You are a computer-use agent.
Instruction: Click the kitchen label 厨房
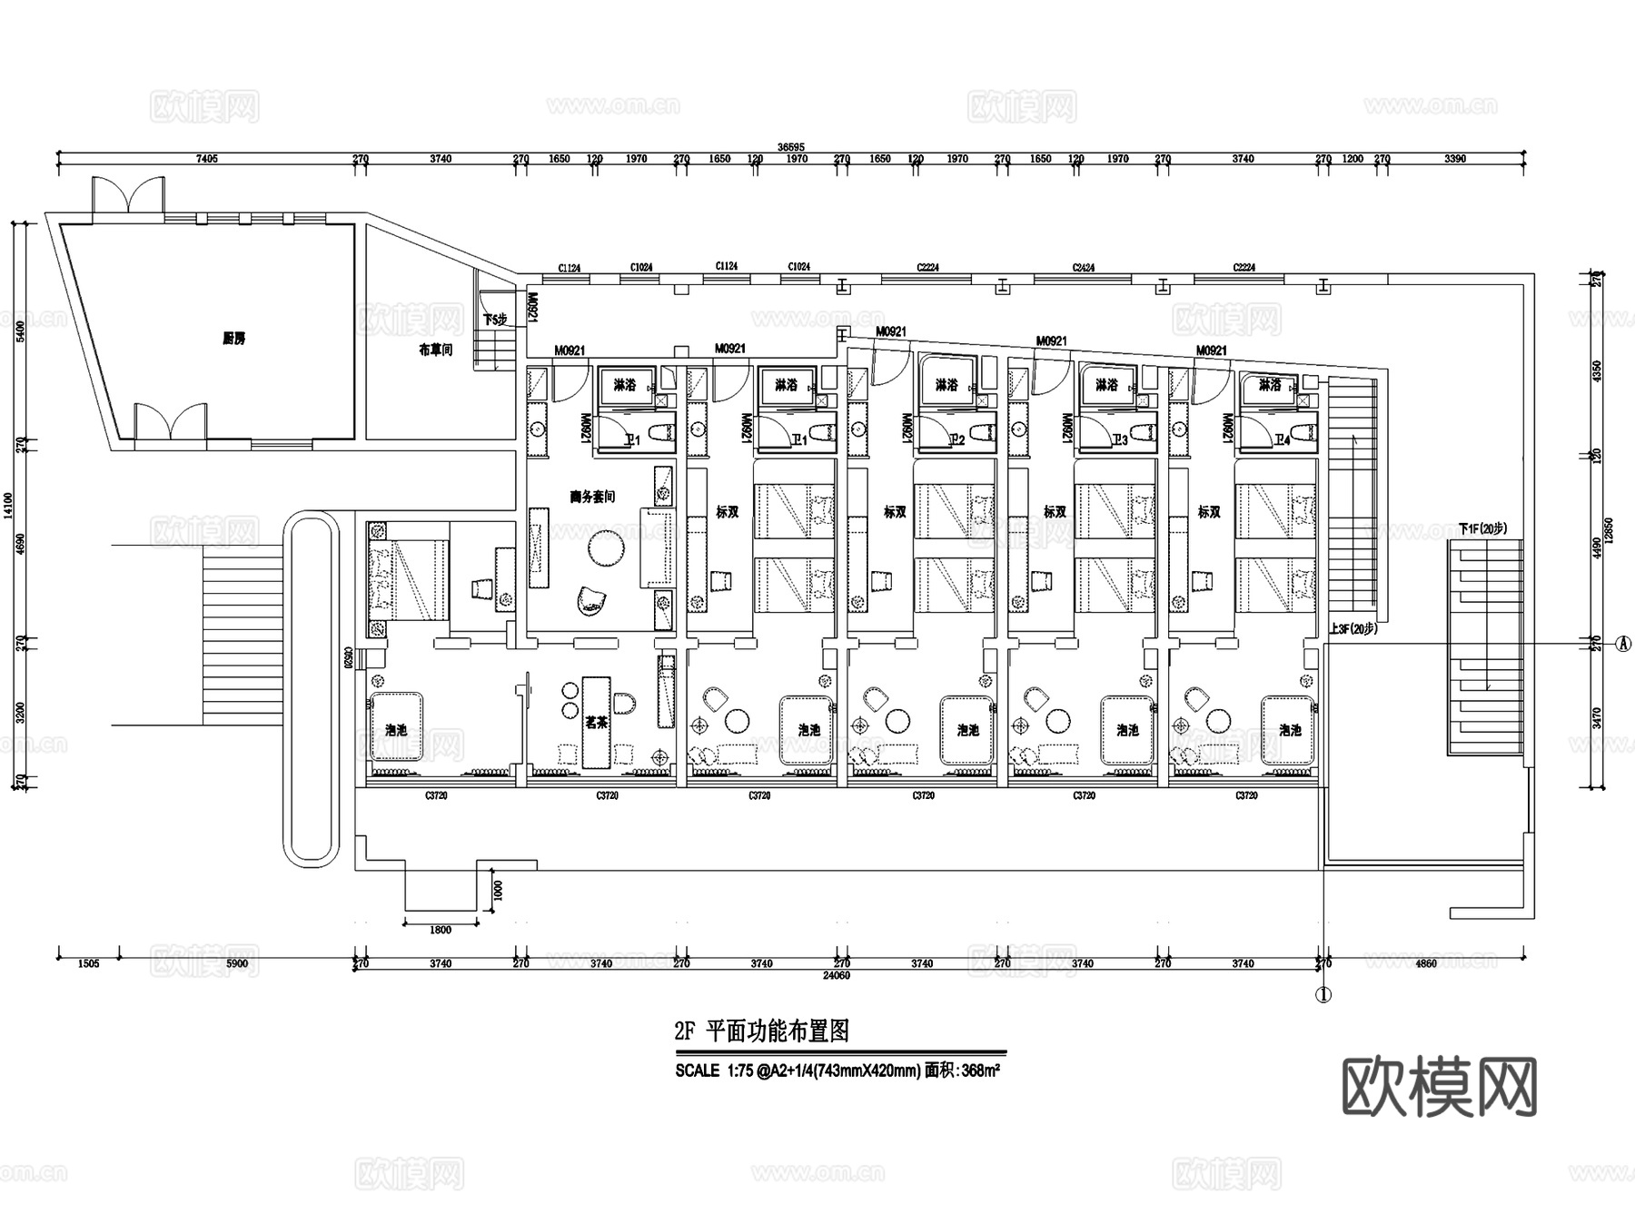click(233, 339)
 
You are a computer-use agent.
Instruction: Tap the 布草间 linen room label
click(435, 350)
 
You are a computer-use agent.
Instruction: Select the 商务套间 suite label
click(592, 497)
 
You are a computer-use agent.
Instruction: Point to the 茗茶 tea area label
click(596, 723)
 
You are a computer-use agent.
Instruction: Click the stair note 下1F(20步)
click(1482, 528)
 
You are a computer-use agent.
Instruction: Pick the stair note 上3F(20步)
click(1353, 628)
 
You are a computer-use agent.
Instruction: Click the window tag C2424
click(1083, 268)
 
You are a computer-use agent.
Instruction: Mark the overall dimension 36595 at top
click(791, 147)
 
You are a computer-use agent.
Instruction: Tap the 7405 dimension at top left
click(207, 159)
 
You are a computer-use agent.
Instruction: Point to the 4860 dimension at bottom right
click(1426, 963)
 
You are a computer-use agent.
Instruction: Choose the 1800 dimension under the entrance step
click(440, 930)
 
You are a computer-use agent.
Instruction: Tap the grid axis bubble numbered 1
click(1323, 995)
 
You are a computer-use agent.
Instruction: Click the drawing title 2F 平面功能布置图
click(761, 1031)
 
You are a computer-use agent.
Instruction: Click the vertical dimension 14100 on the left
click(9, 506)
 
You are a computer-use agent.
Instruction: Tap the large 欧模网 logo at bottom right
click(1439, 1087)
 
